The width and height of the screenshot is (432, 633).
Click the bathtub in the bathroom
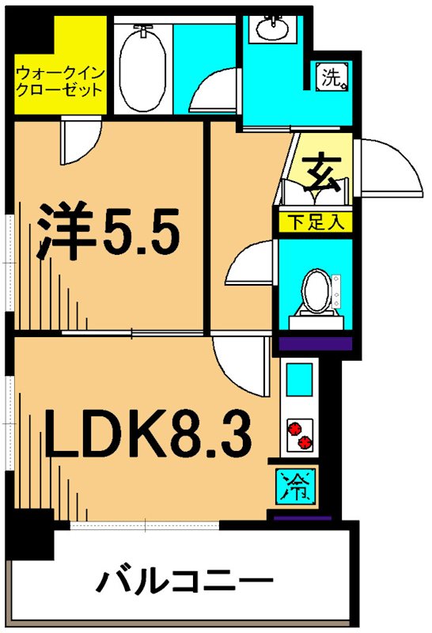click(x=142, y=67)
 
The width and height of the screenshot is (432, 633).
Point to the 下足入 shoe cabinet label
click(x=313, y=222)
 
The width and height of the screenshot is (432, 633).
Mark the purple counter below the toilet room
click(x=313, y=343)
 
